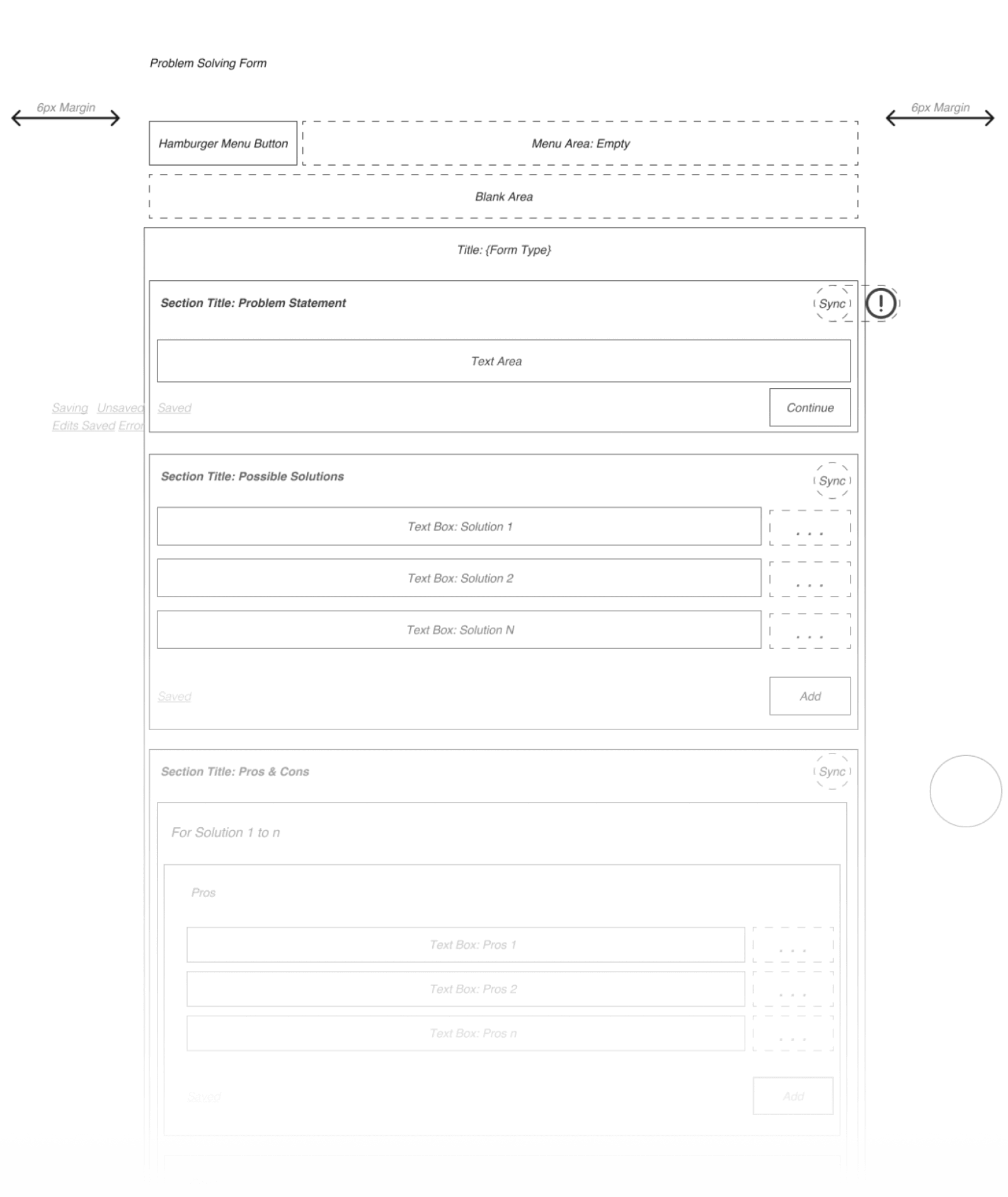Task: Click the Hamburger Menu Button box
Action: pyautogui.click(x=223, y=144)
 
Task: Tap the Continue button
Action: pyautogui.click(x=810, y=408)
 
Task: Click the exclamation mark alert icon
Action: pyautogui.click(x=881, y=303)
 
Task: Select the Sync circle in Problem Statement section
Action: pyautogui.click(x=832, y=304)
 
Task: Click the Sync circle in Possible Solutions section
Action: pyautogui.click(x=832, y=481)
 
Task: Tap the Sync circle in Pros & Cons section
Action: pyautogui.click(x=832, y=772)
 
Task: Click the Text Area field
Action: pyautogui.click(x=503, y=361)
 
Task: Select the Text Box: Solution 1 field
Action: pyautogui.click(x=459, y=527)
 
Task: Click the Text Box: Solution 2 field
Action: pyautogui.click(x=459, y=578)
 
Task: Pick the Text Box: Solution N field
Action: pyautogui.click(x=459, y=630)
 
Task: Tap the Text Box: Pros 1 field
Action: pyautogui.click(x=465, y=944)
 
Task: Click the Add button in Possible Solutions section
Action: pyautogui.click(x=810, y=696)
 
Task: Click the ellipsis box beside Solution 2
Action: pyautogui.click(x=810, y=580)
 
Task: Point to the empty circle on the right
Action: pyautogui.click(x=965, y=791)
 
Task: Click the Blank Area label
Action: pyautogui.click(x=503, y=197)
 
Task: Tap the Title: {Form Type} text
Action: pyautogui.click(x=503, y=250)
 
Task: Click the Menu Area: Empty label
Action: pyautogui.click(x=580, y=144)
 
